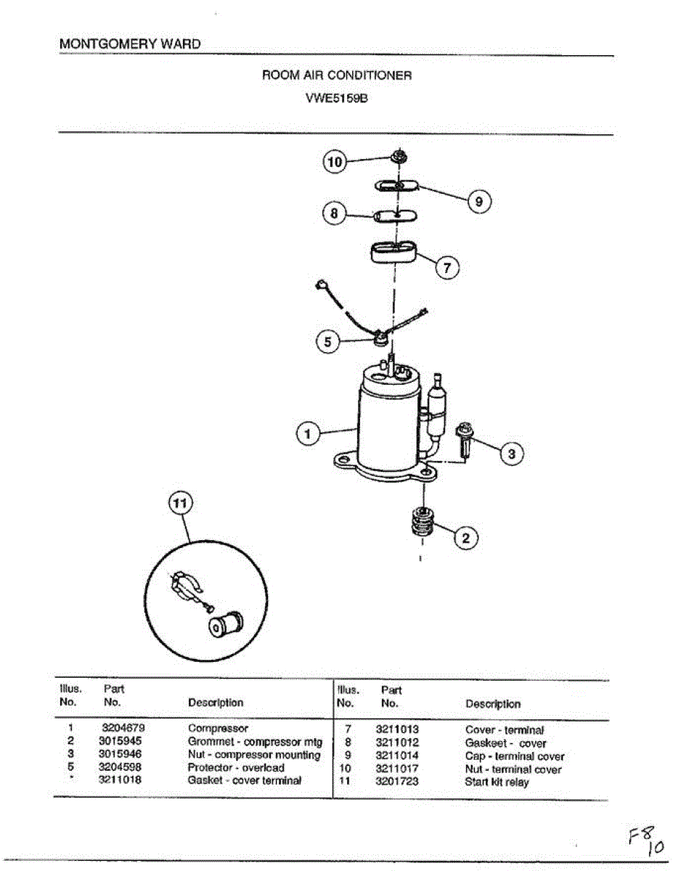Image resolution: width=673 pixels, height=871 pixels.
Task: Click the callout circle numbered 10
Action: (x=334, y=163)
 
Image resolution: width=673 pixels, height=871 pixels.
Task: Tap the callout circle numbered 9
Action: (x=478, y=201)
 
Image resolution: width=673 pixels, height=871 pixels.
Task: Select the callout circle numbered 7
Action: (x=447, y=267)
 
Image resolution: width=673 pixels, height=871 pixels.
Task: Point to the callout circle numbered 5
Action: (x=328, y=341)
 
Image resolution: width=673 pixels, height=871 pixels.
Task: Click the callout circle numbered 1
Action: (x=308, y=435)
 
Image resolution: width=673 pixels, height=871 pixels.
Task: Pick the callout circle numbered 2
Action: (x=466, y=538)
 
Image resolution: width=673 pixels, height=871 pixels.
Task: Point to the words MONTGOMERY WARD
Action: (x=130, y=44)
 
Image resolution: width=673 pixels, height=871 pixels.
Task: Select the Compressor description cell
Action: (x=218, y=728)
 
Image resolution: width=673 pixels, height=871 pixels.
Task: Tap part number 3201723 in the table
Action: (x=396, y=782)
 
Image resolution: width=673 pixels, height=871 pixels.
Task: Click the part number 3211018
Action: (x=121, y=780)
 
